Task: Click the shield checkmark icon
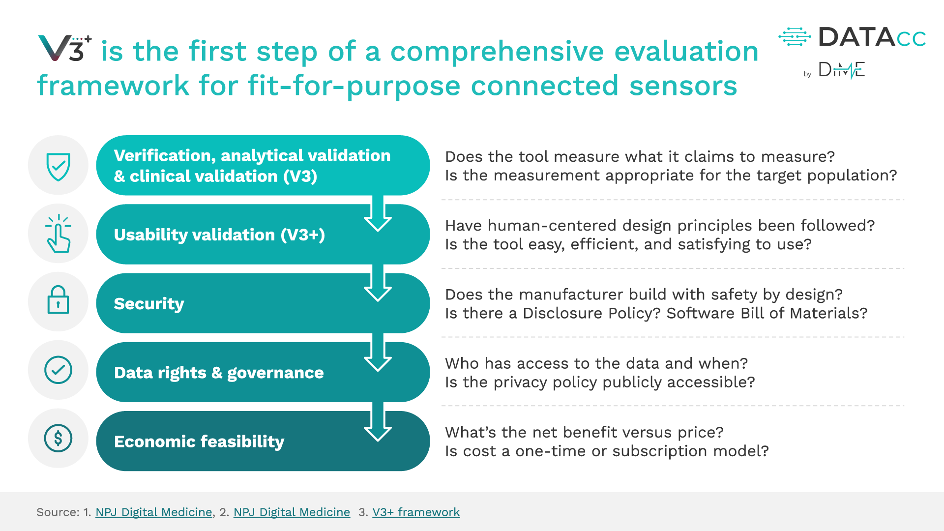pos(58,166)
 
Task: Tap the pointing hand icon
pos(58,235)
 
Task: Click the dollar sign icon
pos(58,438)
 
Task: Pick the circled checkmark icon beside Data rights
pos(58,370)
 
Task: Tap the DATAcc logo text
pos(872,38)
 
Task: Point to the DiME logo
pos(841,70)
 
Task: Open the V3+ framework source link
pos(416,512)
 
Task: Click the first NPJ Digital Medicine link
pos(153,512)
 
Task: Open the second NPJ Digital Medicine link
pos(292,512)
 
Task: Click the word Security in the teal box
pos(149,304)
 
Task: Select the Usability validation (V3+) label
pos(219,235)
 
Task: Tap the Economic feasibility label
pos(199,442)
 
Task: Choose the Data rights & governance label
pos(219,373)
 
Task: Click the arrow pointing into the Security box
pos(378,285)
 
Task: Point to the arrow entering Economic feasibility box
pos(378,424)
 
